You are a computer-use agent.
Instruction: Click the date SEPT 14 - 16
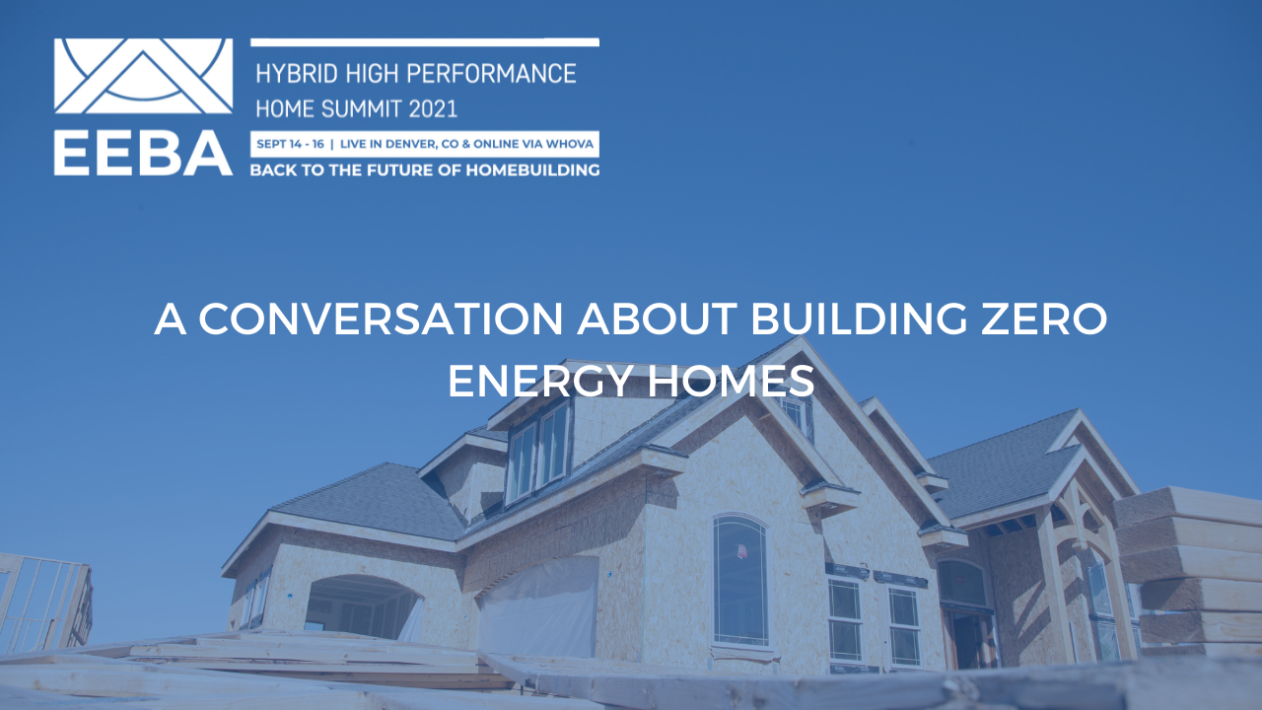pyautogui.click(x=289, y=144)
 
